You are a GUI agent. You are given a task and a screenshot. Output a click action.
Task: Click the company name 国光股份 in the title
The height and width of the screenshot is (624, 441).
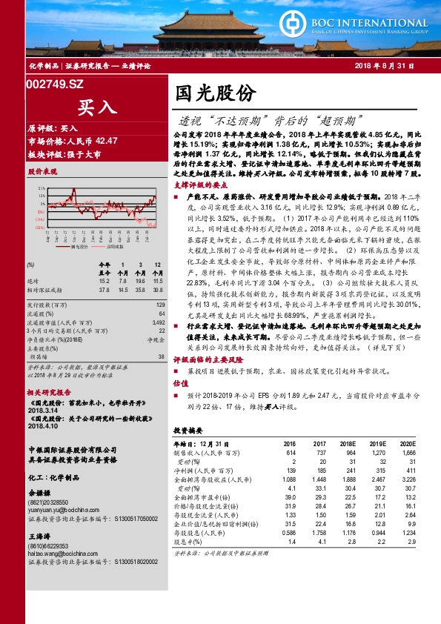pos(216,93)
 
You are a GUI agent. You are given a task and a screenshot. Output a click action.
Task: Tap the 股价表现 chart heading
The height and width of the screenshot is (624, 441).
pos(42,171)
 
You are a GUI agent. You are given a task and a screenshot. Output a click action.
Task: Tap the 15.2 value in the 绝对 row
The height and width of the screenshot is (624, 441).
pos(104,281)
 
